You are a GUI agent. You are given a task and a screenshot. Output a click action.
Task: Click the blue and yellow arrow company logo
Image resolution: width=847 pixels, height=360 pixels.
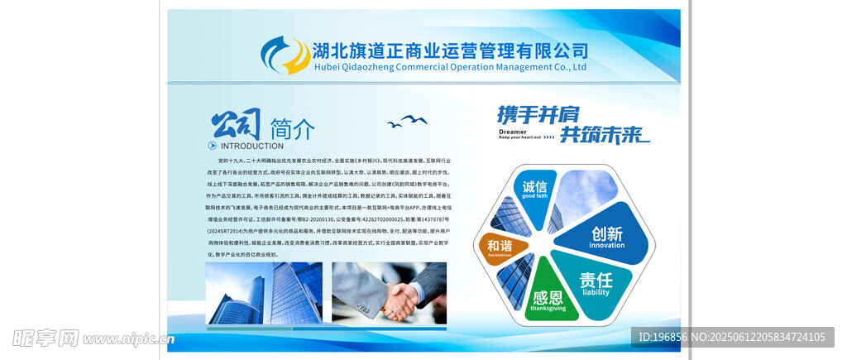coord(285,55)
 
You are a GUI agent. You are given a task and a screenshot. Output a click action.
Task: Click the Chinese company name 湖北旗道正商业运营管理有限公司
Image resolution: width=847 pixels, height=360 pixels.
coord(450,50)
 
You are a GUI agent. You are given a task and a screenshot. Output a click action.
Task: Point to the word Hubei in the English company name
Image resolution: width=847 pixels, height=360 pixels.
coord(328,67)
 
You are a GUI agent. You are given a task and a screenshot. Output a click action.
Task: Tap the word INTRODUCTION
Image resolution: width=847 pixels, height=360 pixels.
coord(251,146)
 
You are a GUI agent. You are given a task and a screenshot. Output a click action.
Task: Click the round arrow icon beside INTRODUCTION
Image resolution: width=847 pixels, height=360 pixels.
coord(212,146)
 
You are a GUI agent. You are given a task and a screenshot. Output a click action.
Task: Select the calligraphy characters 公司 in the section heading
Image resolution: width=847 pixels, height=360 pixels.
coord(237,126)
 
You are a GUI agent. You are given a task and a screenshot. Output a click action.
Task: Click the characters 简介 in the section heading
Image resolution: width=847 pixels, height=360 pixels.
coord(292,129)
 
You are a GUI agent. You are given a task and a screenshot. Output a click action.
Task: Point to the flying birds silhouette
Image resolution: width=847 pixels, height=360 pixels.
coord(407,122)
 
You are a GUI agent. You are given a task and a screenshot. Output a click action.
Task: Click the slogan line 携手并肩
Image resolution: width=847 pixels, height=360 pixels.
coord(538,114)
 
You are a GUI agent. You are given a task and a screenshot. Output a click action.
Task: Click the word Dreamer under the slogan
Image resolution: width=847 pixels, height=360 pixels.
coord(513,131)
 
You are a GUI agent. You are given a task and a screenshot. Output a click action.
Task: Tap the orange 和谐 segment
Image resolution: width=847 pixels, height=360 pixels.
coord(499,246)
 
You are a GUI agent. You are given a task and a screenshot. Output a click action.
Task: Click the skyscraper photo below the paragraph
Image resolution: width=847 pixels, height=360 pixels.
coord(264,293)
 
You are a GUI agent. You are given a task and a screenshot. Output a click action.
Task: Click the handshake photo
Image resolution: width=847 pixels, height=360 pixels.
coord(389,293)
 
